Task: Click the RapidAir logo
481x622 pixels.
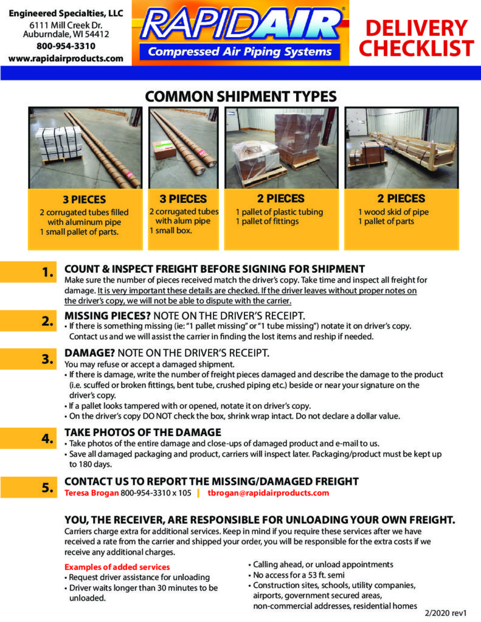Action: coord(240,33)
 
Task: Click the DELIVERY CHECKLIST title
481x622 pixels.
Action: coord(417,38)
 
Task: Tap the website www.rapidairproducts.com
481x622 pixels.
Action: coord(66,58)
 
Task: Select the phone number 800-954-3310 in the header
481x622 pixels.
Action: coord(66,46)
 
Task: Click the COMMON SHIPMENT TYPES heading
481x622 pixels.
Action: coord(241,97)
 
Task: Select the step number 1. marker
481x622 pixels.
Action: coord(47,273)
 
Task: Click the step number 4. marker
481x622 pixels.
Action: coord(47,439)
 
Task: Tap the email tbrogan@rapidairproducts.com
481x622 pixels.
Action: coord(269,493)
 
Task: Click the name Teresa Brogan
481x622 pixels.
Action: coord(91,493)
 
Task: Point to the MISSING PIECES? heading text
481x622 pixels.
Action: coord(108,316)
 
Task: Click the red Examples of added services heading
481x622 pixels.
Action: coord(117,567)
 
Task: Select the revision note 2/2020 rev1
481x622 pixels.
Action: coord(445,613)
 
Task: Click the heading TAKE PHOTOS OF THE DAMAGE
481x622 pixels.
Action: coord(143,432)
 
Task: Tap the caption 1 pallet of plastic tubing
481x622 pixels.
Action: coord(279,212)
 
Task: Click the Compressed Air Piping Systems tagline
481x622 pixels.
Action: coord(240,52)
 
